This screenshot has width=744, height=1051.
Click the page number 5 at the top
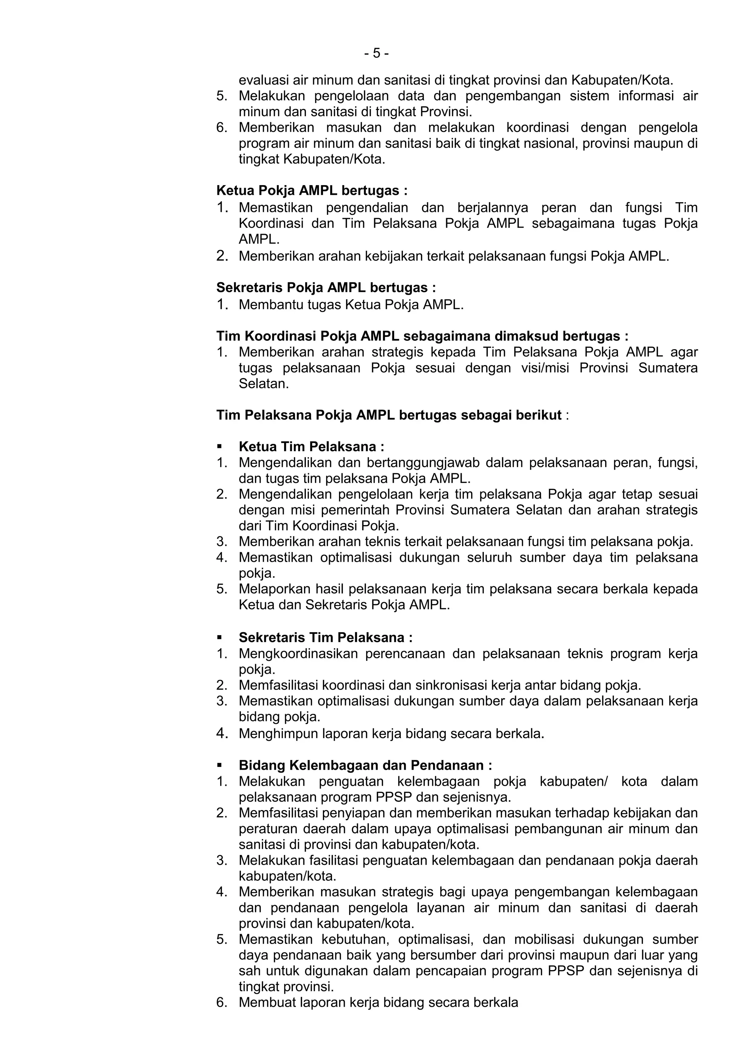click(377, 54)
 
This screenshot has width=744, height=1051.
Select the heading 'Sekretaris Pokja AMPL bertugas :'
click(326, 287)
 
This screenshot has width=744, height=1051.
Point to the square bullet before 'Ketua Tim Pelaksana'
click(219, 446)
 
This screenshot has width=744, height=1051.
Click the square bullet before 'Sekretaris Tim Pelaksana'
click(219, 637)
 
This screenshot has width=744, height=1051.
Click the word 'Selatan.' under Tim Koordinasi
click(264, 384)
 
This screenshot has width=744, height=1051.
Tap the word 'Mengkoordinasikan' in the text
click(298, 654)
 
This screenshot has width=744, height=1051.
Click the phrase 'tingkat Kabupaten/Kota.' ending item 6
click(312, 159)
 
